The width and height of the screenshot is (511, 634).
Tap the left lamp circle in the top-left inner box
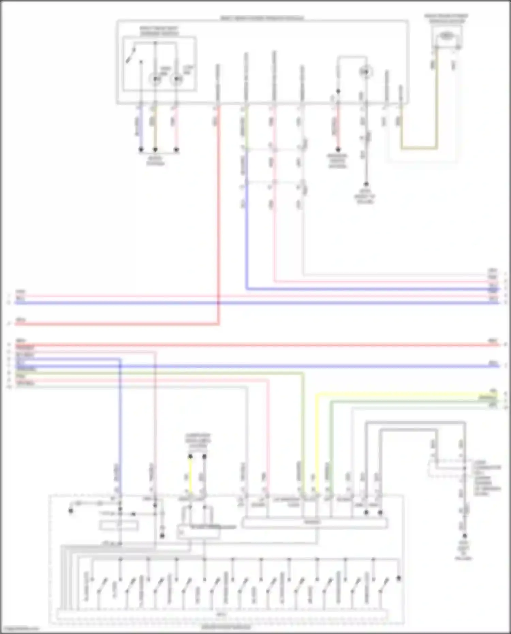[x=155, y=80]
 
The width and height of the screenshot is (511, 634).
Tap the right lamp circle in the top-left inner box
[x=176, y=80]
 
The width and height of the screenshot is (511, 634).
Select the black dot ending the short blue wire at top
[x=141, y=149]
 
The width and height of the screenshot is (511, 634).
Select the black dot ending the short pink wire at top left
[x=176, y=149]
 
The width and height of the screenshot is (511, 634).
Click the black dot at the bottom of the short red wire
[x=338, y=149]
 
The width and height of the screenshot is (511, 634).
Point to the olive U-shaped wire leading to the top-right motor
[x=419, y=148]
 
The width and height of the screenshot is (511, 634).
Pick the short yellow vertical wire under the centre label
[x=190, y=475]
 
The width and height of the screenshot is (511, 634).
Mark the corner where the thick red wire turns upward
[x=218, y=324]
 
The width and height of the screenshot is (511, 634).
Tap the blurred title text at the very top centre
[x=262, y=18]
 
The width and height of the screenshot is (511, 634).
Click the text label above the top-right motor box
[x=446, y=18]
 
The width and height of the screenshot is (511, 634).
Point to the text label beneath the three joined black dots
[x=155, y=161]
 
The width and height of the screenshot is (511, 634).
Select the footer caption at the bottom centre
[x=226, y=627]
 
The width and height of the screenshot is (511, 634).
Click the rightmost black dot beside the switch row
[x=399, y=578]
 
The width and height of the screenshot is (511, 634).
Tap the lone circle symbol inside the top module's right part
[x=366, y=72]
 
